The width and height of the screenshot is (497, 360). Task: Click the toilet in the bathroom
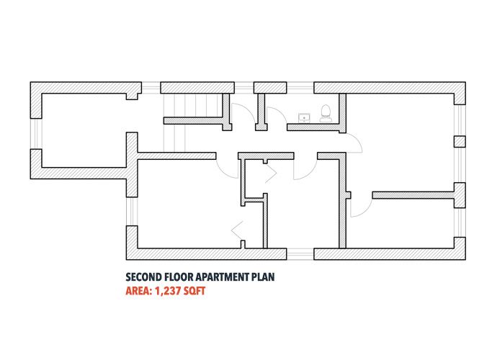pos(326,114)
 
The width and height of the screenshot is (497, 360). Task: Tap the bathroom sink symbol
pos(304,118)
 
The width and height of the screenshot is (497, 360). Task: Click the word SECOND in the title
pos(143,277)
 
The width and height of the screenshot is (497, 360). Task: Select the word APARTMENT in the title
pos(222,277)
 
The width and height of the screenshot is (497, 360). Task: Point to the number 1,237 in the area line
pos(168,291)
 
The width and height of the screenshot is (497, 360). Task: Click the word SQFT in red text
pos(194,291)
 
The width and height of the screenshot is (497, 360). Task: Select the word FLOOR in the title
pos(179,277)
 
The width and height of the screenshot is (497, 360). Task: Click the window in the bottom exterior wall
pos(300,254)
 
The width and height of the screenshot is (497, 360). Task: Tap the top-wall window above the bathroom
pos(300,88)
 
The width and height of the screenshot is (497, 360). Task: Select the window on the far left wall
pos(36,134)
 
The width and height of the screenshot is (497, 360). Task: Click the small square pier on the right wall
pos(460,142)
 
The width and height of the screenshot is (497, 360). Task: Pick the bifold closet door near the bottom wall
pos(238,230)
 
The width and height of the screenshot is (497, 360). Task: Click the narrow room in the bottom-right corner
pos(400,223)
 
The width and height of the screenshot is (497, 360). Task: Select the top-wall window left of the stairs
pos(151,88)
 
